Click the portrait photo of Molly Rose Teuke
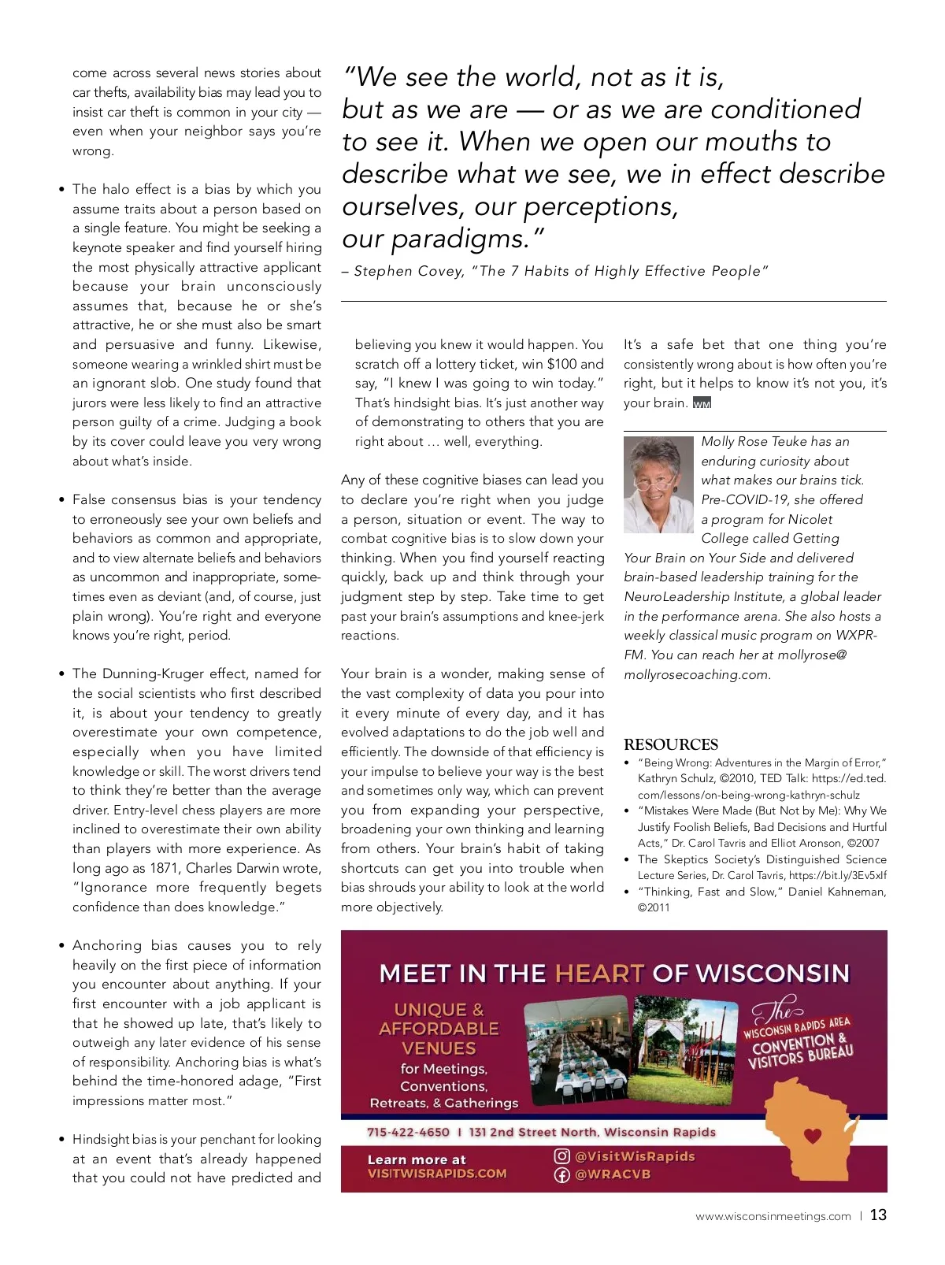pos(659,485)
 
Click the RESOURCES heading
pos(671,744)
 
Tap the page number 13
pos(878,1215)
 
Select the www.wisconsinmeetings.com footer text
pos(773,1216)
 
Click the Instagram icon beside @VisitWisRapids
pos(561,1156)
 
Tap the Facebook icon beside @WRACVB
pos(561,1174)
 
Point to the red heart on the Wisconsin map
pos(813,1136)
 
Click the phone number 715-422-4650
pos(408,1132)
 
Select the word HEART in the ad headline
pos(599,974)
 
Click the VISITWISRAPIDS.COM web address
pos(437,1174)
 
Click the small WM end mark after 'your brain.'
pos(702,403)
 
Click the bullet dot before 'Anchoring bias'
pos(62,946)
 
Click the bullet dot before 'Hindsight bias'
pos(62,1140)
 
